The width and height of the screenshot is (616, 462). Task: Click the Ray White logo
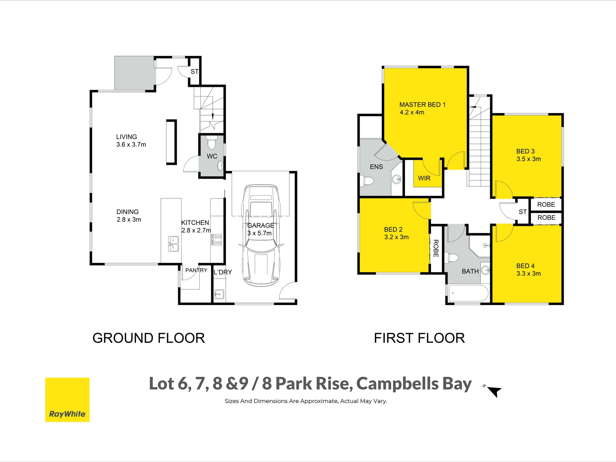coord(67,400)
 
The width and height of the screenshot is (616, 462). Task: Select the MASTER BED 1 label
coord(422,105)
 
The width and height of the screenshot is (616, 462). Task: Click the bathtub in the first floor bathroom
coord(468,293)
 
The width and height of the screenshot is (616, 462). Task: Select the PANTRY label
coord(196,270)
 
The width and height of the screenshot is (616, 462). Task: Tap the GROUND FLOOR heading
coord(149,338)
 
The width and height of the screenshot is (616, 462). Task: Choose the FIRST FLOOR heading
coord(419,338)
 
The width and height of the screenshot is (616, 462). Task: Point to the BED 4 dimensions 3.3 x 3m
coord(529,274)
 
